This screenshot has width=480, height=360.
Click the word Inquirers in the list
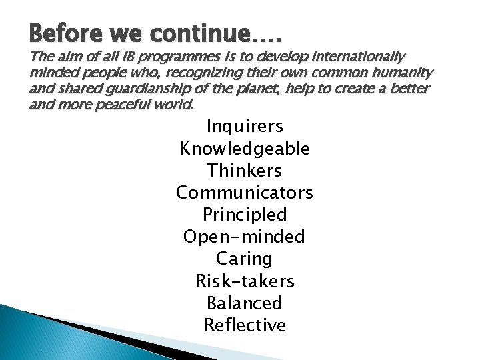click(x=245, y=125)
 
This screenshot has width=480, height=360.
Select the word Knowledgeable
click(x=245, y=148)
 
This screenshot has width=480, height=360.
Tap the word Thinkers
click(x=245, y=170)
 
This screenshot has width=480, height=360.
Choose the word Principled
click(x=245, y=215)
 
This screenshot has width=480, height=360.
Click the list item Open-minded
click(x=245, y=237)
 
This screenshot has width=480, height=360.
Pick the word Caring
click(x=245, y=259)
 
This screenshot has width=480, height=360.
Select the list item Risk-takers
click(x=245, y=281)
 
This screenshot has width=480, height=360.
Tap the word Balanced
click(x=245, y=303)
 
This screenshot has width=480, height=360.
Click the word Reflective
click(x=245, y=325)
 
